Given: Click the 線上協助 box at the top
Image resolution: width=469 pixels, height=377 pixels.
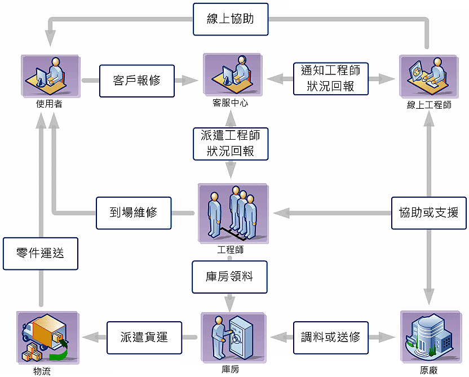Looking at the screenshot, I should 230,19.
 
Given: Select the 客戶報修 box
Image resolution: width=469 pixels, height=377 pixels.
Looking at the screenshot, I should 137,81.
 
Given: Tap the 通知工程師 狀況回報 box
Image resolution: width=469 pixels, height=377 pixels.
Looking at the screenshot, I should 331,79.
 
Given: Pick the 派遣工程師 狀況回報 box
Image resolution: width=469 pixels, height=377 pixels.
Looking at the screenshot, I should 231,143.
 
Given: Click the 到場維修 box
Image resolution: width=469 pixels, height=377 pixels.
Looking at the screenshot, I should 134,213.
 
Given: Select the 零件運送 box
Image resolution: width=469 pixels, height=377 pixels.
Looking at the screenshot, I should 39,253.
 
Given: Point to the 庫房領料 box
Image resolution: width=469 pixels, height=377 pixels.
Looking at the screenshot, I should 229,277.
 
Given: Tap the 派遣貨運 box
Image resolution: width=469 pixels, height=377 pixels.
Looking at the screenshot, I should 144,337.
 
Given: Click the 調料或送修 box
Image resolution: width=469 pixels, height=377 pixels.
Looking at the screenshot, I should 331,337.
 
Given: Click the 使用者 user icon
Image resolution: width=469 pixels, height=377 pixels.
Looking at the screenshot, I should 48,76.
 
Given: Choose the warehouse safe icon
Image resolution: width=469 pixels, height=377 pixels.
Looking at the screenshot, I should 231,336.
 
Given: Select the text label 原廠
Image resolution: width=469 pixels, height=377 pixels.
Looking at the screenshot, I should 428,370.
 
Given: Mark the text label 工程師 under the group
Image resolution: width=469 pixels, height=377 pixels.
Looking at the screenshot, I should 230,249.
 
